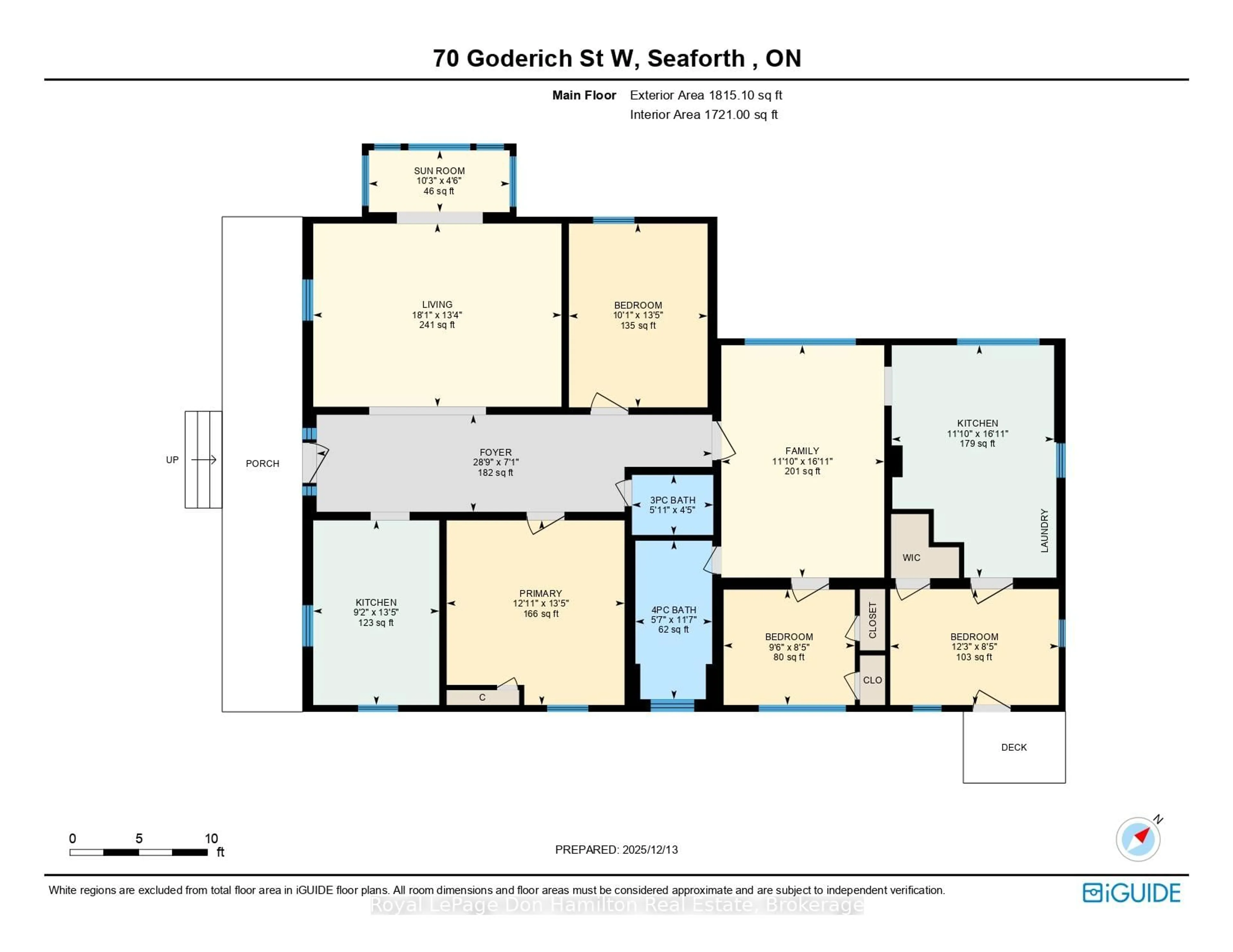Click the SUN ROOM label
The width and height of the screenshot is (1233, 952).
coord(439,170)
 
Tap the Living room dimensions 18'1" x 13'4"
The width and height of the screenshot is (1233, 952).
coord(437,315)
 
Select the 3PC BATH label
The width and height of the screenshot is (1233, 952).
coord(672,500)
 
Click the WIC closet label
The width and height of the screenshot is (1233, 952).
coord(911,558)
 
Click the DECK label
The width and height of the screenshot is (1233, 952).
coord(1014,747)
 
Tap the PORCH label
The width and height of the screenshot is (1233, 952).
coord(263,463)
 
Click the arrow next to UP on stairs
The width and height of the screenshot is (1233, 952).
coord(204,460)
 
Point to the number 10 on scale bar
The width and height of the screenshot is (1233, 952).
coord(211,838)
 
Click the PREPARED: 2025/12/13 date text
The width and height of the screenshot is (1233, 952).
coord(616,849)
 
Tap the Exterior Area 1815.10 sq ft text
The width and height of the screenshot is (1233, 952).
coord(706,95)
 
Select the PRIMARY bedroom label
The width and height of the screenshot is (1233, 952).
coord(540,593)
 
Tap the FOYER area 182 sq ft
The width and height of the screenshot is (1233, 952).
coord(495,472)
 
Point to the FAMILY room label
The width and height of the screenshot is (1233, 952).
coord(802,451)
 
